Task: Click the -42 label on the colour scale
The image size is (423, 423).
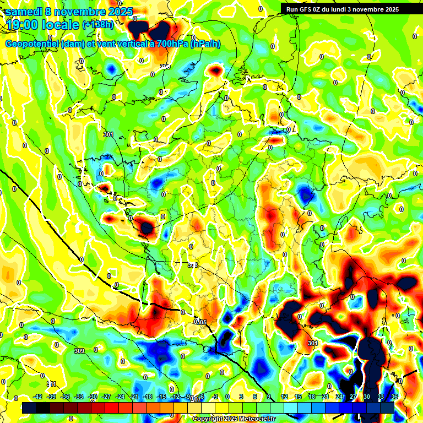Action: tap(38, 397)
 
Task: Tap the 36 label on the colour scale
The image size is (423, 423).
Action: tap(394, 397)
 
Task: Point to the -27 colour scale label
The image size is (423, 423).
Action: tap(106, 397)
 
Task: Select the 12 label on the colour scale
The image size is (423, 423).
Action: tap(284, 397)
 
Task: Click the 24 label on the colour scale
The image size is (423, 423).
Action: tap(339, 397)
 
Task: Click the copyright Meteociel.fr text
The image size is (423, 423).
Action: tap(234, 419)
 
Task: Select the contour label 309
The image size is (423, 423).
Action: tap(79, 351)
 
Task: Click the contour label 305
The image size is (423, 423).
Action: tap(201, 322)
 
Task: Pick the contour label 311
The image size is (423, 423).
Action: tap(51, 384)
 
